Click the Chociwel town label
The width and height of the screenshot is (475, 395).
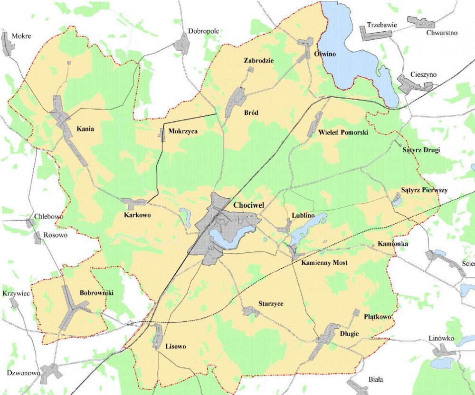(x=248, y=206)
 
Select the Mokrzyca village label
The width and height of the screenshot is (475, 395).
(x=183, y=131)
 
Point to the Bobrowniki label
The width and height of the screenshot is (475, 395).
(x=96, y=293)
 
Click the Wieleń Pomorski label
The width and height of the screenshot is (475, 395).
(x=344, y=132)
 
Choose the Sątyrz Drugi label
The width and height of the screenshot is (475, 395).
(x=421, y=150)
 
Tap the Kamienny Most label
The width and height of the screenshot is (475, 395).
(x=325, y=263)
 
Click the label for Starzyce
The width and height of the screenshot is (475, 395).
(x=271, y=303)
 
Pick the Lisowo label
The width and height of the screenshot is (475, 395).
(x=175, y=346)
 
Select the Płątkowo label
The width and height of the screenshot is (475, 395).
(x=377, y=316)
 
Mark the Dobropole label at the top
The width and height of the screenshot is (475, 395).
(x=203, y=31)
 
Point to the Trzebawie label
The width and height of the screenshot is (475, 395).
(x=381, y=24)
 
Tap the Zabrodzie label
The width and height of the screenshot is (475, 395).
(x=259, y=61)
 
